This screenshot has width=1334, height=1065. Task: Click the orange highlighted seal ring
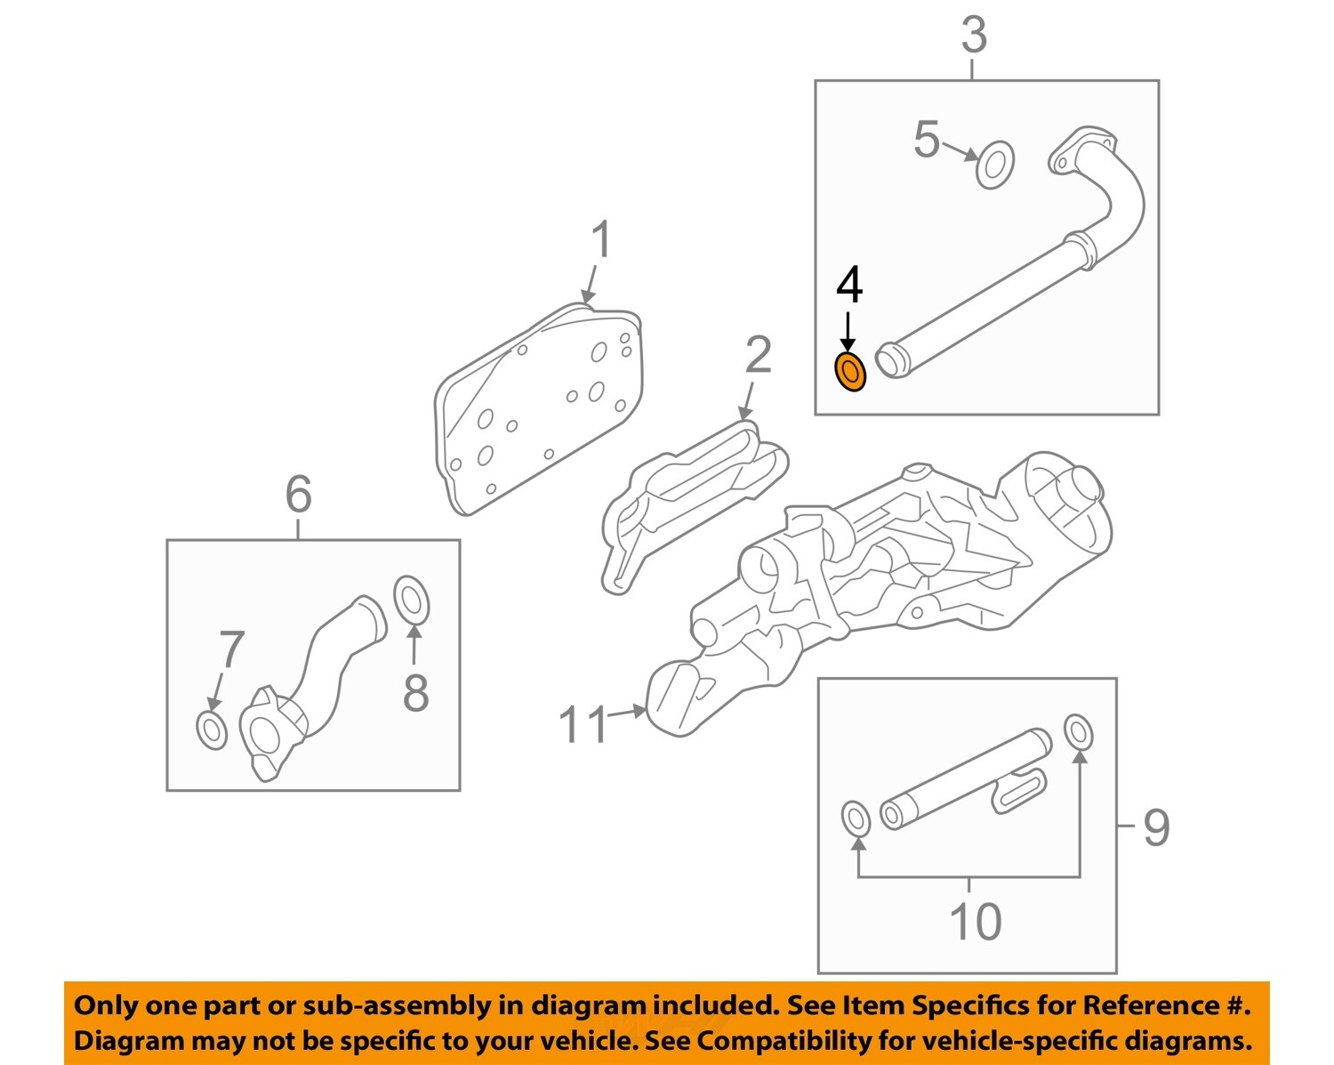pyautogui.click(x=849, y=373)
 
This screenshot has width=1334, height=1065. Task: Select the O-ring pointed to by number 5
pyautogui.click(x=994, y=165)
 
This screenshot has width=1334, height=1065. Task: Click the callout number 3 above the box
pyautogui.click(x=974, y=36)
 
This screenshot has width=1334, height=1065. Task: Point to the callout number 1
pyautogui.click(x=602, y=240)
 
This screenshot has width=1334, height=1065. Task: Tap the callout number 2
pyautogui.click(x=758, y=355)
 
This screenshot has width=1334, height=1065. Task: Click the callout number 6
pyautogui.click(x=299, y=494)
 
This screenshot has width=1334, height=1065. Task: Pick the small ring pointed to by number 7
pyautogui.click(x=212, y=730)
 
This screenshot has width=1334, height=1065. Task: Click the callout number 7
pyautogui.click(x=231, y=649)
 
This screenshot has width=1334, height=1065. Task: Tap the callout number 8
pyautogui.click(x=415, y=692)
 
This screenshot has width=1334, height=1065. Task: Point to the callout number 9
pyautogui.click(x=1155, y=827)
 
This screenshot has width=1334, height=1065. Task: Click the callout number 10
pyautogui.click(x=975, y=921)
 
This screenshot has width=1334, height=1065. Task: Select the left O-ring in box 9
pyautogui.click(x=856, y=819)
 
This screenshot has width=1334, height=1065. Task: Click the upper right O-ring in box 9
pyautogui.click(x=1078, y=732)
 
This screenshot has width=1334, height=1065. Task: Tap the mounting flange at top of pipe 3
pyautogui.click(x=1081, y=151)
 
